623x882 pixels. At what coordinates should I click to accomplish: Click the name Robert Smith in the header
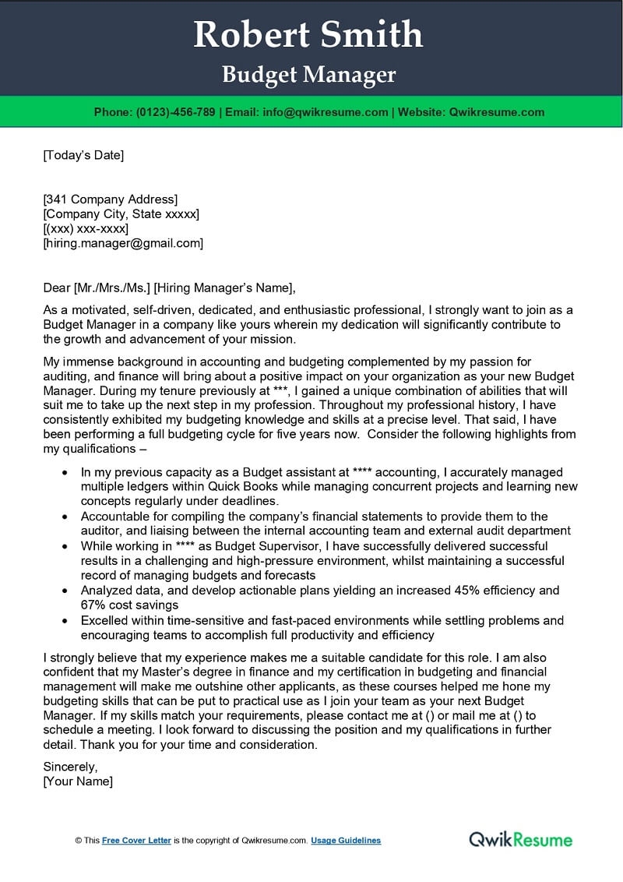point(308,35)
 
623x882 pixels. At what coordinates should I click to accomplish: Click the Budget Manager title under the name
point(309,75)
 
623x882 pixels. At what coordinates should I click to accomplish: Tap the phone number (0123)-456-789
point(175,112)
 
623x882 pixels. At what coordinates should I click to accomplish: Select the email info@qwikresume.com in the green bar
point(325,112)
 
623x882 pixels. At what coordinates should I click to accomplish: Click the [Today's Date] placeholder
point(83,155)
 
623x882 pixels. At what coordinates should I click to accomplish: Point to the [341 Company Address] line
point(110,199)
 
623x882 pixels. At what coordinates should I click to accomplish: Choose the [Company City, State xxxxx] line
point(121,213)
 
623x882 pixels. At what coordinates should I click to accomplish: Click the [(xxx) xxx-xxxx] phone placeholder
point(86,228)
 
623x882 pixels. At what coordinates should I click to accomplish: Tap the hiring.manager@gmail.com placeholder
point(123,243)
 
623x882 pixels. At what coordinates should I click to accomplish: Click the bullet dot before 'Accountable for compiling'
point(64,517)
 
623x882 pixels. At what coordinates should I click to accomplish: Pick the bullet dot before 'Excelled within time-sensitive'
point(64,621)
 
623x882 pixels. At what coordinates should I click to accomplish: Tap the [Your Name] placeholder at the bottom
point(78,781)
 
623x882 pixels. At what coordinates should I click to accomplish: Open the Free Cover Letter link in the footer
point(136,841)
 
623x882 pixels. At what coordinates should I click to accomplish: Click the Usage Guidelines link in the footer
point(346,841)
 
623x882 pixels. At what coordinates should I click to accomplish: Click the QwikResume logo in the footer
point(520,839)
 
